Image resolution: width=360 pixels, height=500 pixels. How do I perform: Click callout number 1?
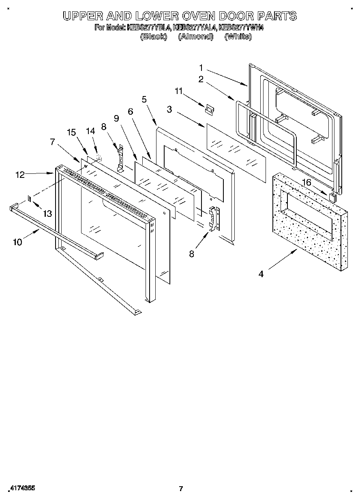pos(201,68)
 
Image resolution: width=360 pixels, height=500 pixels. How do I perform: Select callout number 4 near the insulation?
pos(261,274)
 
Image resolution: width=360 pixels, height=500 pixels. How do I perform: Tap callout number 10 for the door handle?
pos(17,242)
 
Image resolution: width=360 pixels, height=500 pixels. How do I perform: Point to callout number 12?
pos(20,175)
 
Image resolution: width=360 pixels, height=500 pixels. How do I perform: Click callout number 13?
pos(47,214)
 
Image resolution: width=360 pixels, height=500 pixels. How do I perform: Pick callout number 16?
pos(306,183)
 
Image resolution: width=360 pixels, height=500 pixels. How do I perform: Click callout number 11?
pos(179,91)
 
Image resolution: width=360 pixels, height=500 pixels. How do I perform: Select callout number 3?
pos(169,109)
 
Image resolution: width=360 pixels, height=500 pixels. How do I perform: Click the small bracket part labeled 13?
pos(30,198)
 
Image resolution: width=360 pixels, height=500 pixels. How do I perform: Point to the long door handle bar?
pos(57,232)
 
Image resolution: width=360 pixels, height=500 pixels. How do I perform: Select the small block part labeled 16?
pos(332,197)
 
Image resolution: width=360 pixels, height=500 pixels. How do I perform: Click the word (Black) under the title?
pos(153,36)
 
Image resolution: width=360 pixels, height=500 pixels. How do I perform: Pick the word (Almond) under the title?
pos(195,36)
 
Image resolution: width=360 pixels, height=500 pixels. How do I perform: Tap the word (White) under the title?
pos(238,36)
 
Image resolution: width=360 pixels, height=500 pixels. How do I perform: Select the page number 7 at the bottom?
pos(181,489)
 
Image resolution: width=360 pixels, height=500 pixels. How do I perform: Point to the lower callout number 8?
pos(192,254)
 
